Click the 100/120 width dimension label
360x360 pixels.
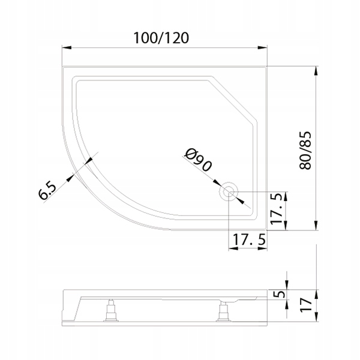(x=161, y=38)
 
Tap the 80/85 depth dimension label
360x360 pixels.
(x=305, y=151)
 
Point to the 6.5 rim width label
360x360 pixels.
(x=47, y=191)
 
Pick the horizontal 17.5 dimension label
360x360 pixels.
(x=250, y=239)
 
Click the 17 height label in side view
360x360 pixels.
(x=306, y=304)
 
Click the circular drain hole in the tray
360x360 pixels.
(x=229, y=191)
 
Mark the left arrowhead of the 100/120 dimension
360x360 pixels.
(x=67, y=47)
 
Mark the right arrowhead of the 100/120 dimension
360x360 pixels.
(x=262, y=47)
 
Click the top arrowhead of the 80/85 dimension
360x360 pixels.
(x=316, y=71)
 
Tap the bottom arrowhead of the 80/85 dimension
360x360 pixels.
(x=316, y=225)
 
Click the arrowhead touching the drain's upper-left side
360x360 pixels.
(x=217, y=183)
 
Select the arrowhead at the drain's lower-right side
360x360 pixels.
(x=239, y=200)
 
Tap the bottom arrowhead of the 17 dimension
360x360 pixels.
(x=316, y=317)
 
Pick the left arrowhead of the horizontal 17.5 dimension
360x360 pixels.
(x=233, y=248)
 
